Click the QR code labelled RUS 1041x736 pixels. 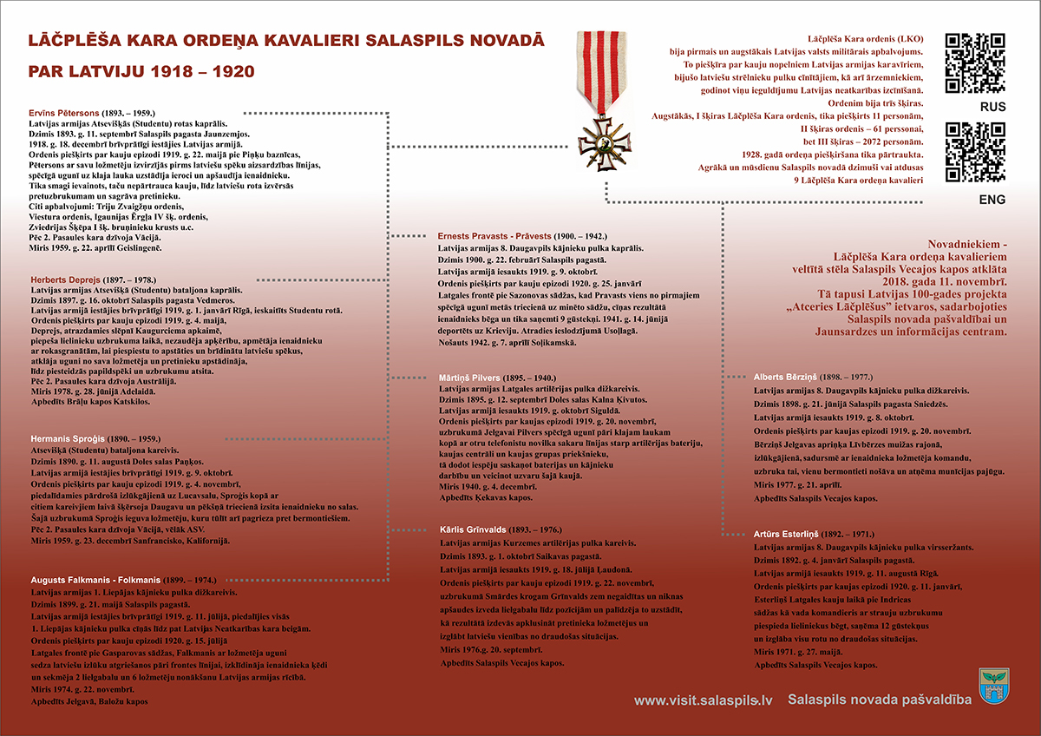tap(975, 62)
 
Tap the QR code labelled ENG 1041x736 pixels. tap(975, 153)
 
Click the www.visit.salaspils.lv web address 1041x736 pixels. tap(703, 700)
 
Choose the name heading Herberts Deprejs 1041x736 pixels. tap(68, 279)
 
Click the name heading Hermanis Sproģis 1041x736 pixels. tap(69, 439)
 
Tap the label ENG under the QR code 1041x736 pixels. tap(992, 200)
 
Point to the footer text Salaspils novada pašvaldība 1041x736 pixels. tap(880, 700)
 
